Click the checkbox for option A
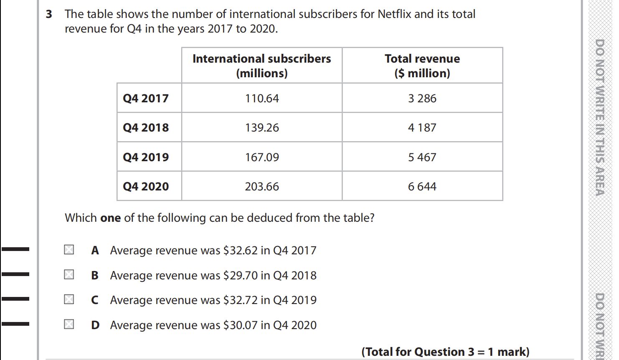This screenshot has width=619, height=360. point(69,250)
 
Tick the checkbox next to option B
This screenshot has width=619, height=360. point(69,274)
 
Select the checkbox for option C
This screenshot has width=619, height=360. point(69,299)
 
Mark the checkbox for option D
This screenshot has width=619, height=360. point(69,324)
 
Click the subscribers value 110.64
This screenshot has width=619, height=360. point(262,99)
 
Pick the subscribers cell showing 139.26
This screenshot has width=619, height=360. point(262,128)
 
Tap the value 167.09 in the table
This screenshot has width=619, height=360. point(262,157)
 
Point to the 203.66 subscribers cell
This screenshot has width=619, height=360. point(262,187)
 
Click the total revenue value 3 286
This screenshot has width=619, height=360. point(422,99)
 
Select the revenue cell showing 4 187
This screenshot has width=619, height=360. point(422,128)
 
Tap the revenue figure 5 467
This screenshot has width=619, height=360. point(422,157)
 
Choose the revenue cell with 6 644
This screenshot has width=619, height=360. point(422,187)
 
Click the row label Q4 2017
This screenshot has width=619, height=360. point(146,99)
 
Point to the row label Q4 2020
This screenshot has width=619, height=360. point(146,187)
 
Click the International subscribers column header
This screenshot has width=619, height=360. point(262,66)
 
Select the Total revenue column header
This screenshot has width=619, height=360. point(422,66)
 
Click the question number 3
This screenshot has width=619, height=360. point(49,14)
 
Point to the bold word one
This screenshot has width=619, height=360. point(111,218)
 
